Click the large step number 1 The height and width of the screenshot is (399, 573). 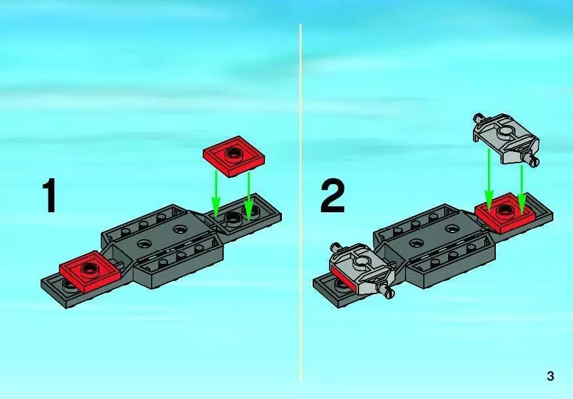click(x=50, y=195)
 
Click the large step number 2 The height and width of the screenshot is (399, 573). click(x=332, y=196)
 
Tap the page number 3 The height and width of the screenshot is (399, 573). click(x=550, y=376)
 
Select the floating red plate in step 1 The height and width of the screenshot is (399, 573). click(x=234, y=157)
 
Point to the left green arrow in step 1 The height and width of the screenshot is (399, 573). click(x=216, y=195)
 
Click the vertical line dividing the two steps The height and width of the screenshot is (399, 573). click(x=301, y=203)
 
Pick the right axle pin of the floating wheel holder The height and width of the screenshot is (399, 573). click(x=531, y=159)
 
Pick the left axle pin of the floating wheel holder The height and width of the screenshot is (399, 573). click(x=478, y=118)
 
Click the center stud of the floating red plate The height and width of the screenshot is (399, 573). click(x=232, y=153)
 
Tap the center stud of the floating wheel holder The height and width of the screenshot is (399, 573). click(x=506, y=132)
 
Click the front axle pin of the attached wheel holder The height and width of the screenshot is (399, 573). click(x=387, y=292)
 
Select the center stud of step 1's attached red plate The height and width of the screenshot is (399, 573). click(x=89, y=269)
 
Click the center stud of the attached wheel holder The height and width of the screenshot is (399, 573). click(x=361, y=261)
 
